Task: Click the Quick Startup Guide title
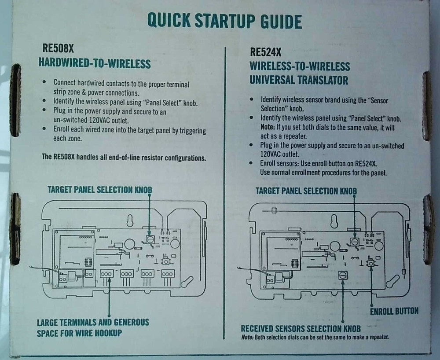[224, 21]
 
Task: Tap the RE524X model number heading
[265, 52]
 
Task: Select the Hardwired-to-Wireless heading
[95, 64]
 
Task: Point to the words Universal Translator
[299, 80]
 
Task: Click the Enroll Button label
[394, 312]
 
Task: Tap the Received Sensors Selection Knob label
[301, 329]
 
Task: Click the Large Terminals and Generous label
[93, 322]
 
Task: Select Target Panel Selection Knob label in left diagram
[100, 190]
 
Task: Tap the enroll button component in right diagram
[370, 263]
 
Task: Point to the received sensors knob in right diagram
[342, 275]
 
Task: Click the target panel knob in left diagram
[150, 239]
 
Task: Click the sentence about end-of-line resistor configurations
[124, 157]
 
